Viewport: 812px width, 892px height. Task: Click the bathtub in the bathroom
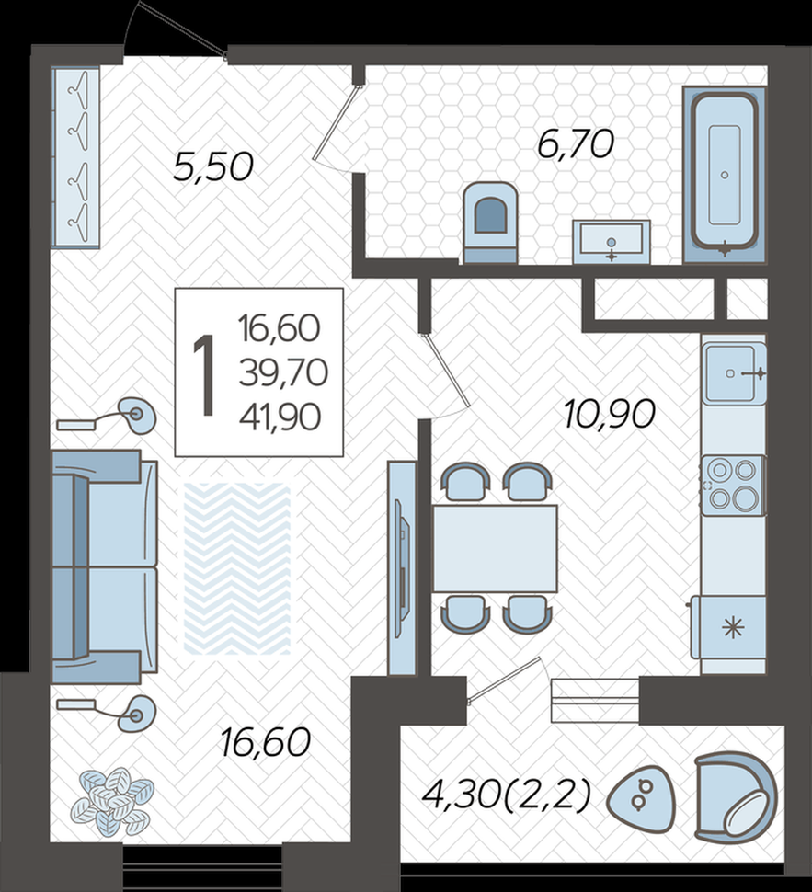(x=725, y=175)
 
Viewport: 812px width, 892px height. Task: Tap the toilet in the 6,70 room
(x=490, y=223)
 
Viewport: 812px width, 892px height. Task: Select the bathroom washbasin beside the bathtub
(x=612, y=242)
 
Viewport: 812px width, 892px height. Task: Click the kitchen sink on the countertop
(x=734, y=373)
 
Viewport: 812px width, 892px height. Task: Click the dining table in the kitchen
(x=495, y=548)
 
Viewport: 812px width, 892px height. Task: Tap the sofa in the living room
(x=104, y=566)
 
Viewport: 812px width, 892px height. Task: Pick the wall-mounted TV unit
(x=402, y=567)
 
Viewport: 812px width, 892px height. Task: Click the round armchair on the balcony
(x=735, y=796)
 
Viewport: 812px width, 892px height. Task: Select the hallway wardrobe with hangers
(x=75, y=157)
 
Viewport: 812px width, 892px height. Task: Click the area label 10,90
(x=609, y=414)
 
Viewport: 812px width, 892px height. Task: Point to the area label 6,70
(x=576, y=144)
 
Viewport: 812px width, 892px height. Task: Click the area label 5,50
(x=212, y=167)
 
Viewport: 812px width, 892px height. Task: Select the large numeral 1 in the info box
(x=203, y=375)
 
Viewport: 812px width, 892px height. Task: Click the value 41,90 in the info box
(x=280, y=417)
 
